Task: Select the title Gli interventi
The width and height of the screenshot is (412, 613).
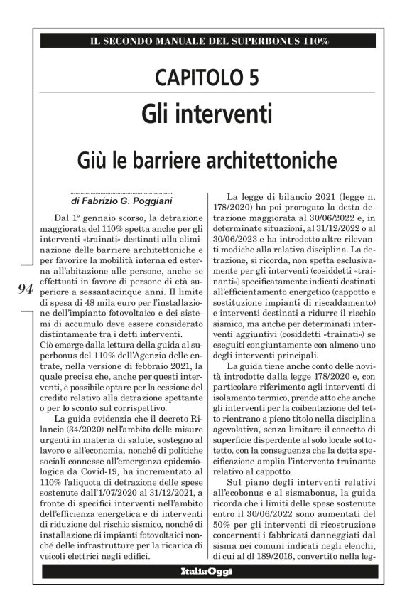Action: (x=205, y=113)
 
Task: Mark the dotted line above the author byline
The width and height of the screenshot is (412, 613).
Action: (x=121, y=193)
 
